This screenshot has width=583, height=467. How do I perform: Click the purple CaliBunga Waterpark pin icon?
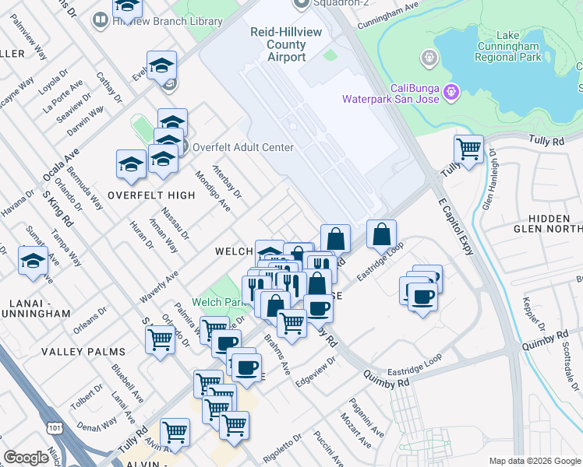[451, 92]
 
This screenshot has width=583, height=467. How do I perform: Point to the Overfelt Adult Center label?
[242, 147]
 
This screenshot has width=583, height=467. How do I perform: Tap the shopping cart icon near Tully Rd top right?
[468, 148]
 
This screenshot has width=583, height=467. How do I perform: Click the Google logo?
[26, 458]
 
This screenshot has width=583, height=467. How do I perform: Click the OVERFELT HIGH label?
[151, 195]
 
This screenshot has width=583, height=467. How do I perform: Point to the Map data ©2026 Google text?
[534, 461]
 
